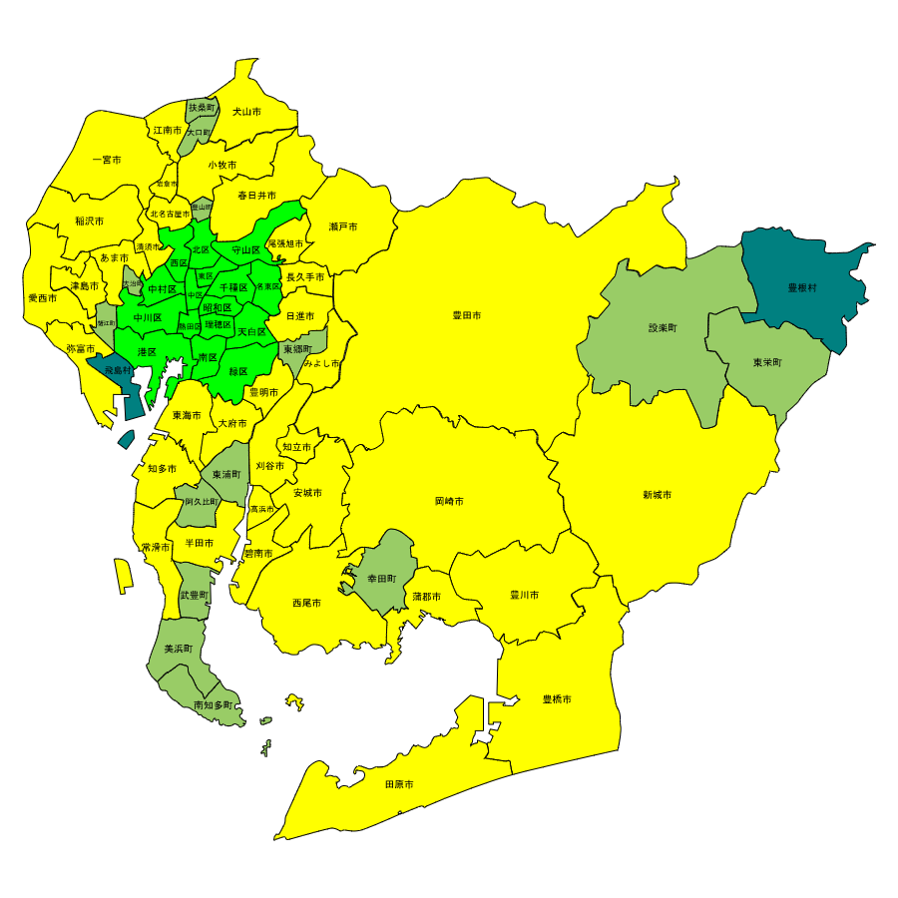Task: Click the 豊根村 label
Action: pyautogui.click(x=802, y=288)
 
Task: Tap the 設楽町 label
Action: pyautogui.click(x=663, y=328)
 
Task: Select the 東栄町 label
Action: pyautogui.click(x=767, y=363)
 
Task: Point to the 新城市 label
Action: pyautogui.click(x=657, y=495)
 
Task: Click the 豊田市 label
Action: pyautogui.click(x=467, y=315)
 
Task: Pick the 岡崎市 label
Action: pyautogui.click(x=449, y=501)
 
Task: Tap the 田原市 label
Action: pyautogui.click(x=399, y=784)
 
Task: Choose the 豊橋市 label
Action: pyautogui.click(x=557, y=699)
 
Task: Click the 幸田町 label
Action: pyautogui.click(x=381, y=579)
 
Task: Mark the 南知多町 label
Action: pyautogui.click(x=213, y=705)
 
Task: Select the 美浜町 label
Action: pyautogui.click(x=178, y=650)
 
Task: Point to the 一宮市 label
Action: pyautogui.click(x=107, y=160)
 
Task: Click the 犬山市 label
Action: pyautogui.click(x=246, y=112)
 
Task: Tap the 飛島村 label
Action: pyautogui.click(x=118, y=370)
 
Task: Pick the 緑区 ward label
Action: pyautogui.click(x=238, y=371)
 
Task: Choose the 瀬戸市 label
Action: pyautogui.click(x=343, y=227)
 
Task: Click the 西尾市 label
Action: pyautogui.click(x=306, y=603)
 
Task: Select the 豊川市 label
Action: pyautogui.click(x=524, y=595)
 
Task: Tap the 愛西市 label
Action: pyautogui.click(x=42, y=298)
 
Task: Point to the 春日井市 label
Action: pyautogui.click(x=256, y=196)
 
